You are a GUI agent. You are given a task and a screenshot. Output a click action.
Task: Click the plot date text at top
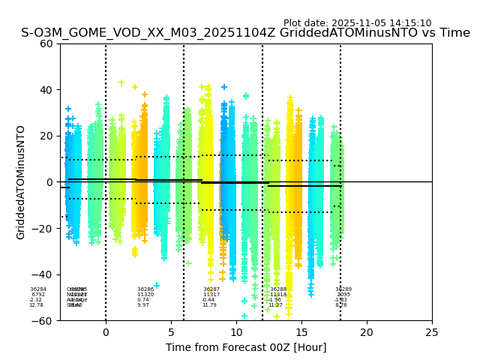(x=357, y=23)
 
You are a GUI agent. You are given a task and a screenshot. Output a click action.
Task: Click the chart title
(x=245, y=33)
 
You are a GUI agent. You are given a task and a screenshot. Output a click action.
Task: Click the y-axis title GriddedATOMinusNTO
(x=21, y=182)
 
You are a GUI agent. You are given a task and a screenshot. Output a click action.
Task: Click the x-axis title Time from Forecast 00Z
(x=246, y=347)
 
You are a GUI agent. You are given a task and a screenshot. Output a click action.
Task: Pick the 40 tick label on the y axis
(x=46, y=90)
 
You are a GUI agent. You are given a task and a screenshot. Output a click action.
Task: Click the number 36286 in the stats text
(x=145, y=289)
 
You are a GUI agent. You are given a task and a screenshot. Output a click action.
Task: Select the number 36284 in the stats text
(x=38, y=289)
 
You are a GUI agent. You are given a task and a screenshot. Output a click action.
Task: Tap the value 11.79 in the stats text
(x=209, y=305)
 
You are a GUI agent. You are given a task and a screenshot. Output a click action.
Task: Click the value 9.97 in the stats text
(x=143, y=305)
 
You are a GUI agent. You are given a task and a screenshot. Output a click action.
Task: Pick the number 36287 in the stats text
(x=211, y=289)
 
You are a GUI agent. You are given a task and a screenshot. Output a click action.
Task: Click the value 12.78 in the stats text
(x=37, y=305)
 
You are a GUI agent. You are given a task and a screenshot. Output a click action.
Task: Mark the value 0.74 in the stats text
(x=143, y=300)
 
